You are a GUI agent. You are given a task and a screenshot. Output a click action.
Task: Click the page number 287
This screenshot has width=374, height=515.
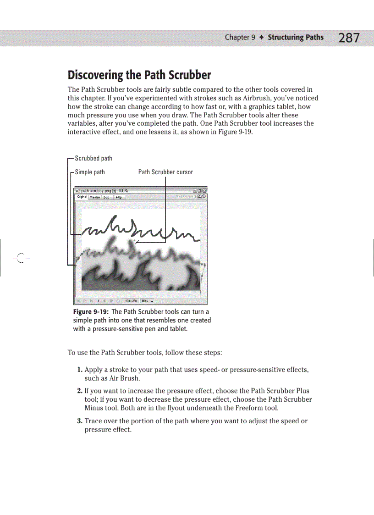click(x=349, y=38)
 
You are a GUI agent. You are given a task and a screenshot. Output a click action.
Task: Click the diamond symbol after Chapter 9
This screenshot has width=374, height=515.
click(x=261, y=38)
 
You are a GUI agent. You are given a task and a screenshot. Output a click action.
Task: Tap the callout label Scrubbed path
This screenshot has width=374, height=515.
click(x=93, y=158)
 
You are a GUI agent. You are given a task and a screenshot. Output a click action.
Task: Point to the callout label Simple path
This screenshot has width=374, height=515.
click(x=90, y=172)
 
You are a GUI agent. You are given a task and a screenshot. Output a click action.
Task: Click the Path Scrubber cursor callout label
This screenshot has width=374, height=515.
click(x=165, y=172)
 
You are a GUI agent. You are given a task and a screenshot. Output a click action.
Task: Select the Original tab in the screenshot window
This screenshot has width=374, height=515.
click(x=82, y=197)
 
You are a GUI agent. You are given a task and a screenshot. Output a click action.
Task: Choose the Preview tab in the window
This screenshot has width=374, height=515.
click(x=95, y=197)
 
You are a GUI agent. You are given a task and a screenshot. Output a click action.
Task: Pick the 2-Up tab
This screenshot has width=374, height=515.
click(x=106, y=197)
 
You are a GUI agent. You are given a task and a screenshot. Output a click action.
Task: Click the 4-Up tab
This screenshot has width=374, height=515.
click(x=118, y=197)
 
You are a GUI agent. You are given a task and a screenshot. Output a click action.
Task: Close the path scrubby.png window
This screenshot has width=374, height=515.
click(x=204, y=190)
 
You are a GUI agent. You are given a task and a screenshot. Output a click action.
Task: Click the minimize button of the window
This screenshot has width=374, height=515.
click(x=194, y=190)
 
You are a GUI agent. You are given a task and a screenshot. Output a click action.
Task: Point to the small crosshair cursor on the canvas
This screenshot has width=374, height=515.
click(x=134, y=240)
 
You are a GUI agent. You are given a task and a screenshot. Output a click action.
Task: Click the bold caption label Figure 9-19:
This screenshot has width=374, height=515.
click(x=88, y=312)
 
